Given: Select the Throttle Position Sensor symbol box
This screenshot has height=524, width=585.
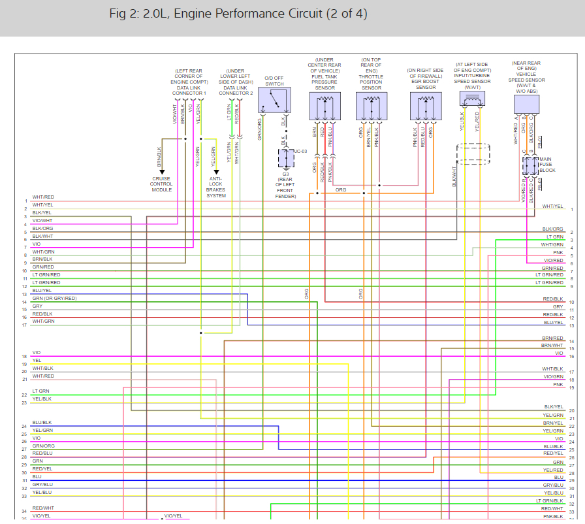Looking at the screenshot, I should [371, 105].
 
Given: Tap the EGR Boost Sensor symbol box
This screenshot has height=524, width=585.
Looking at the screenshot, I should [426, 106].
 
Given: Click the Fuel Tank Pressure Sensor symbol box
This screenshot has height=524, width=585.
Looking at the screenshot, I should [324, 105].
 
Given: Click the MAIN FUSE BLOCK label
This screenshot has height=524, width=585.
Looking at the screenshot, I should [548, 165].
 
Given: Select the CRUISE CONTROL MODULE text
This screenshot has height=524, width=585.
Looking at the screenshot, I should [162, 183].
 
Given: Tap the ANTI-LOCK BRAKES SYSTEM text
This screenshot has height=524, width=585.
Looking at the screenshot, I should [216, 187].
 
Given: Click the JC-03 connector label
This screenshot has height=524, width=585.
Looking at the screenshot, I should [300, 151].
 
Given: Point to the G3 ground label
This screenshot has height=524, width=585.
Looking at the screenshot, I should [286, 174].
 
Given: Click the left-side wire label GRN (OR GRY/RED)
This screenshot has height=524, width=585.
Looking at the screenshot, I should [54, 298].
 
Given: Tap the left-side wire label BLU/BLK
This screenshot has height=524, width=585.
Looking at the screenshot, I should [42, 423].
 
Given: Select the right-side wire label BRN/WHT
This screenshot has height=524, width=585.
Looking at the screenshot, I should [552, 344].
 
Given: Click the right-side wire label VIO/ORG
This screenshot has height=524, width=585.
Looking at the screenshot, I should [552, 376].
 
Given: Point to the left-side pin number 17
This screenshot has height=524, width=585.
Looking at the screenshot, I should [24, 325].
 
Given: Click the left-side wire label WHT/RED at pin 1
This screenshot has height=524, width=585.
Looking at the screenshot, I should [43, 197].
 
